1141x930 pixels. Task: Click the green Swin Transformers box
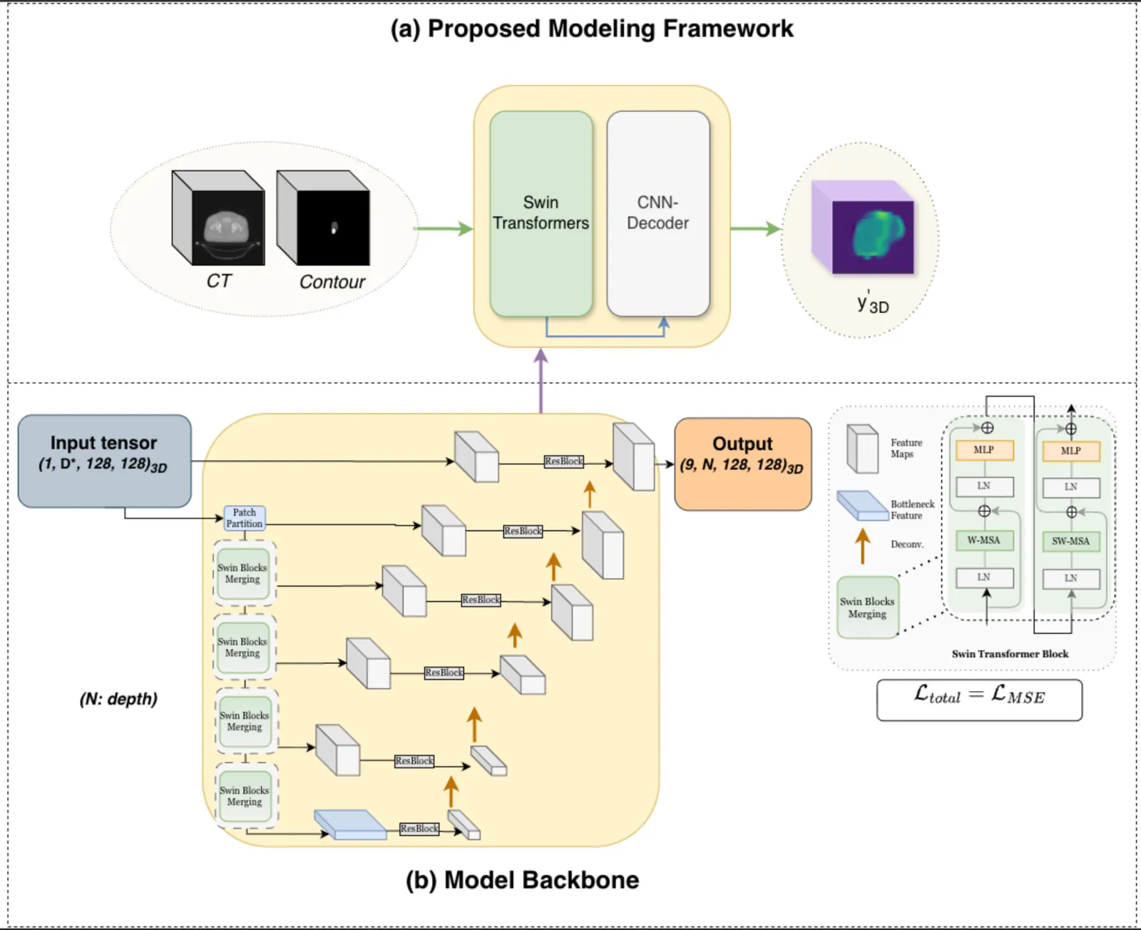click(541, 213)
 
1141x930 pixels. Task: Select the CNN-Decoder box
click(658, 213)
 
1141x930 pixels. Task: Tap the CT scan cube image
click(218, 218)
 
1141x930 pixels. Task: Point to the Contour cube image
click(323, 218)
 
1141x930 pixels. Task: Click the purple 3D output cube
click(864, 228)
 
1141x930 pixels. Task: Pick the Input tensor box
click(104, 461)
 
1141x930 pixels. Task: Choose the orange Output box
click(742, 464)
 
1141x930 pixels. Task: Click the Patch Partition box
click(244, 518)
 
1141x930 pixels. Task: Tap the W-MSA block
click(983, 540)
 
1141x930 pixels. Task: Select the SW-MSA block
click(1070, 541)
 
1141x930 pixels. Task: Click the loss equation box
click(979, 700)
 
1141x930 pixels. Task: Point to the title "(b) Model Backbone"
click(522, 880)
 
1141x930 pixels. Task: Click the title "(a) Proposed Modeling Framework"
click(591, 29)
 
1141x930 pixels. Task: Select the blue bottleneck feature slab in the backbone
click(350, 824)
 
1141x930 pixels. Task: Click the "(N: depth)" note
click(118, 699)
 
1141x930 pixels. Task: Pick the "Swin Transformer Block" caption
click(1010, 654)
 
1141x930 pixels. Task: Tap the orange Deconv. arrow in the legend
click(862, 546)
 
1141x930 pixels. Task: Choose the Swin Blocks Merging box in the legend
click(867, 608)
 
